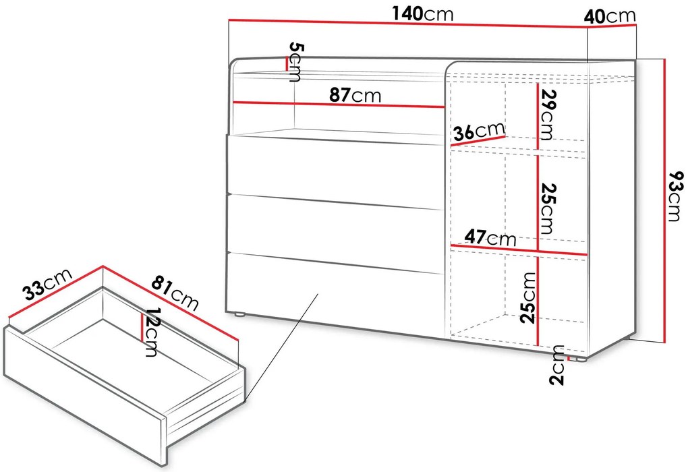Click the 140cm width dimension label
click(423, 14)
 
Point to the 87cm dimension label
click(355, 95)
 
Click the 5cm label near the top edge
click(295, 62)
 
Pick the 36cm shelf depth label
click(479, 131)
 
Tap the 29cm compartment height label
click(546, 115)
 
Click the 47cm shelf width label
click(490, 237)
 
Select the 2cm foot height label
click(557, 365)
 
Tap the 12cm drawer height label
click(151, 332)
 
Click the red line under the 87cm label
click(339, 105)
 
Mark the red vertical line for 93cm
click(665, 200)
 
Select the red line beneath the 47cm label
click(519, 249)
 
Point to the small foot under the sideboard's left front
click(239, 314)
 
